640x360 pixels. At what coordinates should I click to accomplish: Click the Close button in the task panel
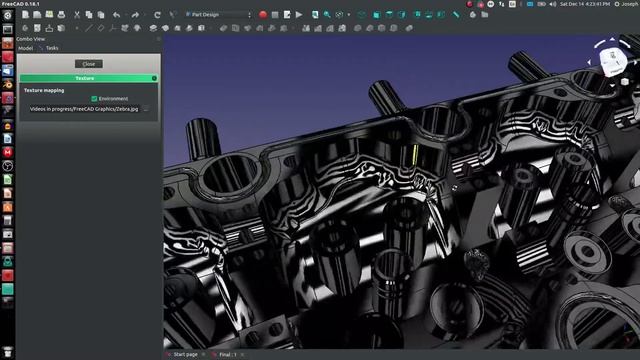pyautogui.click(x=88, y=64)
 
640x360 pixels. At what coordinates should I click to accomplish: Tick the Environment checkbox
pyautogui.click(x=94, y=98)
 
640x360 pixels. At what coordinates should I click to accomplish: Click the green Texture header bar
pyautogui.click(x=87, y=78)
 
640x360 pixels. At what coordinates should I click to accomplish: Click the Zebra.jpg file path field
pyautogui.click(x=83, y=108)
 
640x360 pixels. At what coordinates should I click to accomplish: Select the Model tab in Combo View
pyautogui.click(x=26, y=47)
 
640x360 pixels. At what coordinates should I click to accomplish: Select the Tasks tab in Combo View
pyautogui.click(x=52, y=47)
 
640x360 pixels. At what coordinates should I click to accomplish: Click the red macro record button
pyautogui.click(x=263, y=15)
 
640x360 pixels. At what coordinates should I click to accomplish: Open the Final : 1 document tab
pyautogui.click(x=226, y=354)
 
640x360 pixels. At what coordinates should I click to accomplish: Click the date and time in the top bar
pyautogui.click(x=584, y=4)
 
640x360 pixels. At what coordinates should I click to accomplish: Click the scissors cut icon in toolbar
pyautogui.click(x=72, y=15)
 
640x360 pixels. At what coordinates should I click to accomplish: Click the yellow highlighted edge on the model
pyautogui.click(x=413, y=155)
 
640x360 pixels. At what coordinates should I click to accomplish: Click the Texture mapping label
pyautogui.click(x=45, y=90)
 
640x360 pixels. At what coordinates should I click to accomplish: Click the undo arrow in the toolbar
pyautogui.click(x=117, y=15)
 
